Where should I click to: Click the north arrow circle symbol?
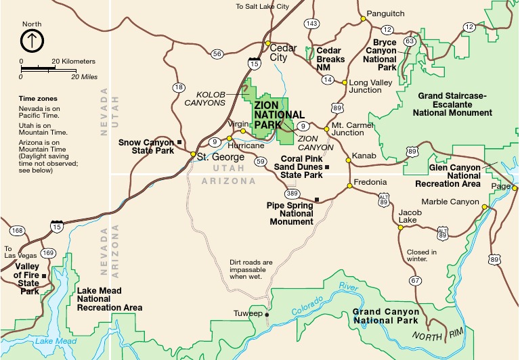(x=32, y=41)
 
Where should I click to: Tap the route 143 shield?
(x=311, y=24)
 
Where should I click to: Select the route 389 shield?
(x=291, y=194)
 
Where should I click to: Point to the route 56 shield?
(x=217, y=54)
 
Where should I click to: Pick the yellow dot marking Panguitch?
(x=363, y=18)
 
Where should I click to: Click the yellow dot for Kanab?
(x=348, y=160)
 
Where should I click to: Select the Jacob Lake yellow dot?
(x=400, y=227)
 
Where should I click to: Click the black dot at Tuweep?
(x=267, y=315)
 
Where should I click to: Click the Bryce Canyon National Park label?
(x=385, y=55)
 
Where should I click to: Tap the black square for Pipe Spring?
(x=317, y=199)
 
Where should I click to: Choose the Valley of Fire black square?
(x=44, y=275)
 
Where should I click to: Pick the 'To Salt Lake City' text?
(x=262, y=6)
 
